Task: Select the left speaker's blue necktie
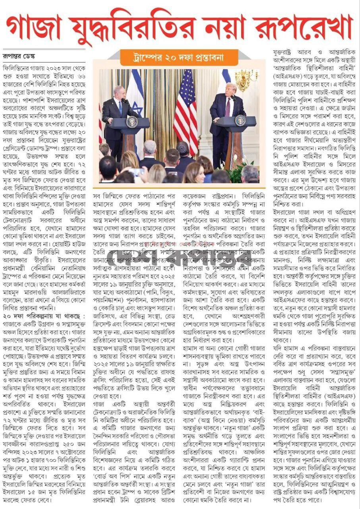(x=120, y=107)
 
